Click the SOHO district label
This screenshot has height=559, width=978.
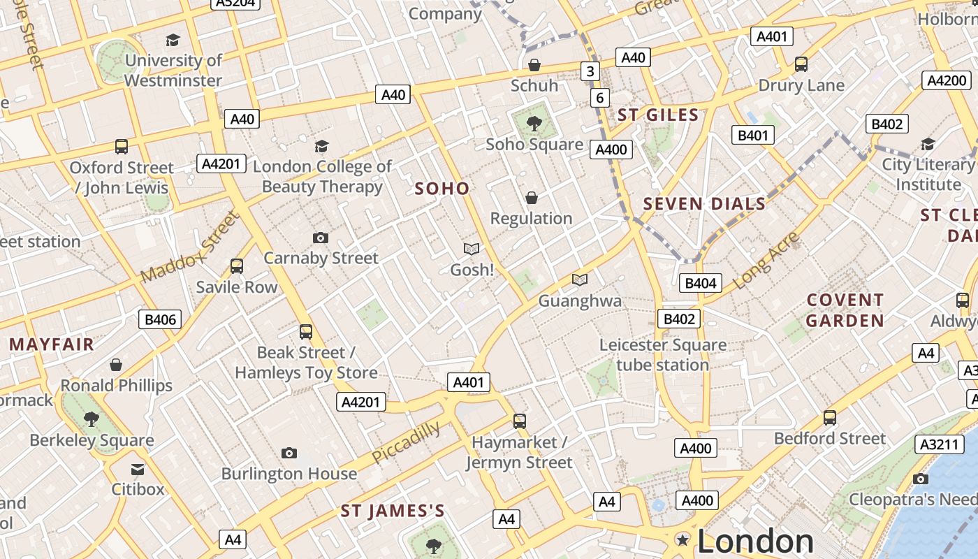tap(442, 189)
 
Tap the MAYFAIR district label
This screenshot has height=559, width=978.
tap(52, 344)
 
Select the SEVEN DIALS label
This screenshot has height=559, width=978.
tap(704, 204)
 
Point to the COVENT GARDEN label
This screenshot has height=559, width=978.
tap(845, 310)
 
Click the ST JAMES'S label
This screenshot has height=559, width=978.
tap(393, 511)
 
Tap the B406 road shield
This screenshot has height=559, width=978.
tap(160, 320)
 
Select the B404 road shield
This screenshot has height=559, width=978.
tap(701, 283)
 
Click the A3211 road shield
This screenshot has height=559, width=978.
tap(936, 444)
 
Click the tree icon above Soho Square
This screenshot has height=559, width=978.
tap(534, 124)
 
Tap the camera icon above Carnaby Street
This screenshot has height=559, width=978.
tap(321, 238)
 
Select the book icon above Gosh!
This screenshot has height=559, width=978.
tap(472, 249)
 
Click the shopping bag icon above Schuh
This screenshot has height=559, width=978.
tap(534, 65)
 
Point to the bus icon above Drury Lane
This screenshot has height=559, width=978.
tap(801, 64)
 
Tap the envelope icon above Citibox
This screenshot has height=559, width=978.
tap(138, 470)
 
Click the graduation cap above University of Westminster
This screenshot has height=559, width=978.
tap(173, 41)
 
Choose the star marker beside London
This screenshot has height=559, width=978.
tap(683, 539)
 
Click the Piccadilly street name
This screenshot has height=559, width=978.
tap(406, 442)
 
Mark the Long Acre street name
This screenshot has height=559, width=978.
tap(766, 261)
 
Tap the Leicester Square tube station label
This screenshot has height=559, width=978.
tap(662, 355)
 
